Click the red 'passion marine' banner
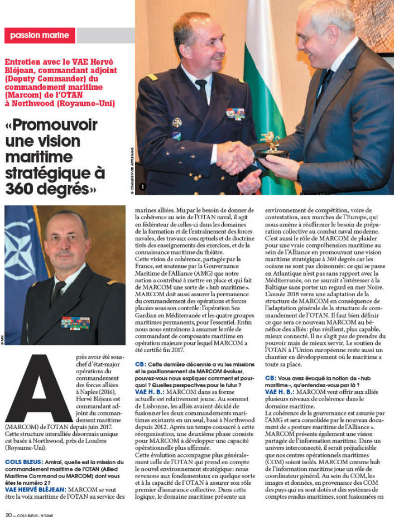39,35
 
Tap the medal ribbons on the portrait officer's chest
75,322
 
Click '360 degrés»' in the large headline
51,189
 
